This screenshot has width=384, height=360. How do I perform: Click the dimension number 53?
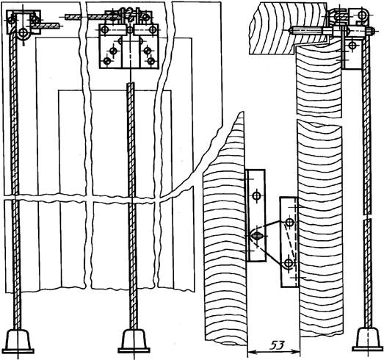[278, 345]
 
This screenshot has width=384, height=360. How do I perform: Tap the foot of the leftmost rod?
[19, 341]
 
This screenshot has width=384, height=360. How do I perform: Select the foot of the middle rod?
[134, 341]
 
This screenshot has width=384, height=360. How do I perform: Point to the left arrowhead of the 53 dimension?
[251, 352]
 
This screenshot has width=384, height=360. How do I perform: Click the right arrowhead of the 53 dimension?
[296, 352]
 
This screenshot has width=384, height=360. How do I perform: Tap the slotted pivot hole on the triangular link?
[256, 236]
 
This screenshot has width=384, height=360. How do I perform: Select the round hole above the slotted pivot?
[257, 195]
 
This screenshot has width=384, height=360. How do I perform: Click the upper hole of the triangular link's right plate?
[290, 223]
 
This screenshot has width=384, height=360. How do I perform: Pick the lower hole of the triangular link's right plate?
[289, 263]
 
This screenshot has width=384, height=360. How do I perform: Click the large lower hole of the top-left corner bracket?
[23, 32]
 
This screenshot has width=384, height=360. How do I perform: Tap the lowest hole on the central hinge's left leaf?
[107, 61]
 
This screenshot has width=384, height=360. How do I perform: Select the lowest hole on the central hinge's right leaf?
[151, 60]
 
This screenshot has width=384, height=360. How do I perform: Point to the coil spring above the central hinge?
[129, 15]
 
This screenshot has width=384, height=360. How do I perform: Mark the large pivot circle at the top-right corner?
[362, 15]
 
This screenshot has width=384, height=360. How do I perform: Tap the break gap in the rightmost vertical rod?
[367, 217]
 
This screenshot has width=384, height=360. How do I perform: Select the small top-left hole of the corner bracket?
[12, 20]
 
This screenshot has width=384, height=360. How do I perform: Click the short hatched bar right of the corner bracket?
[46, 26]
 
